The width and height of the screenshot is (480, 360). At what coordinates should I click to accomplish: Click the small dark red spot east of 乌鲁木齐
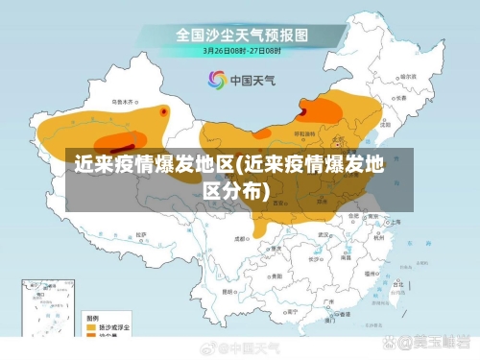(164, 111)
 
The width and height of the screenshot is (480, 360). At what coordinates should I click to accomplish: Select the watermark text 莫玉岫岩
(440, 343)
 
